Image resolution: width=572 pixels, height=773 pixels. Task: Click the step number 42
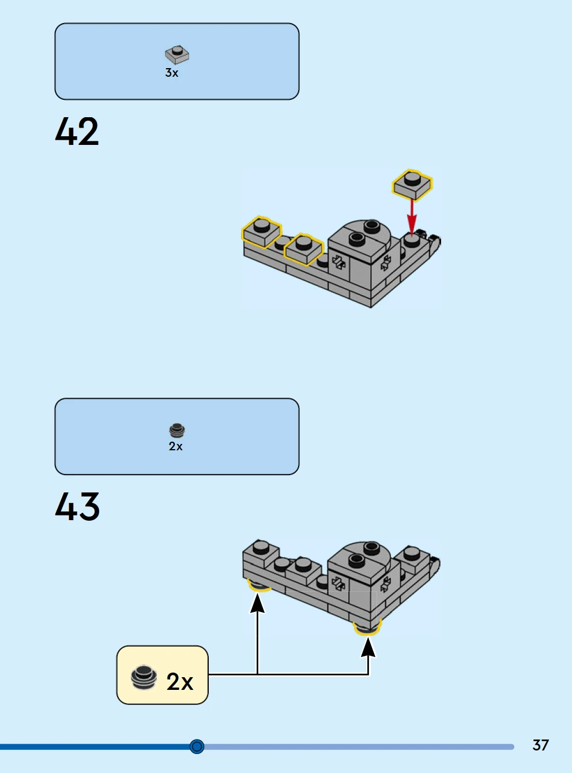77,131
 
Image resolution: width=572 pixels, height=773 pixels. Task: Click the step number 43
77,506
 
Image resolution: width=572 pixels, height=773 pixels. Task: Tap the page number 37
540,745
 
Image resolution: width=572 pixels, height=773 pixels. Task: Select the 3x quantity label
172,73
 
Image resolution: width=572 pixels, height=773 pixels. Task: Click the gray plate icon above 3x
177,55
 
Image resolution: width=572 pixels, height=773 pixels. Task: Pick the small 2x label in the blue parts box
175,446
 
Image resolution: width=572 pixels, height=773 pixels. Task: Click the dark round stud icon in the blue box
177,431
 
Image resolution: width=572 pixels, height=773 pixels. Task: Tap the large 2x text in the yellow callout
180,681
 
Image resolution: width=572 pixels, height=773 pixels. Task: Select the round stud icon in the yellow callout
144,677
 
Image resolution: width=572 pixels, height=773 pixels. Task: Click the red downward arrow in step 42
412,216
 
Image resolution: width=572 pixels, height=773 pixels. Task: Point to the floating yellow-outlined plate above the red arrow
412,185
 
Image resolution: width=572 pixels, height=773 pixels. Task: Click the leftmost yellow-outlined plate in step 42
261,231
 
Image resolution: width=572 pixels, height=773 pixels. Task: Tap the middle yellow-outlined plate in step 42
304,249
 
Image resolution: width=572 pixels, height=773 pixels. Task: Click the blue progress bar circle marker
197,746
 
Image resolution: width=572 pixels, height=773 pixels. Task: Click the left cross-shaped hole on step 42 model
338,262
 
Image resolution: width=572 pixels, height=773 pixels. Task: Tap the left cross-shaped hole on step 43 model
338,584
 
